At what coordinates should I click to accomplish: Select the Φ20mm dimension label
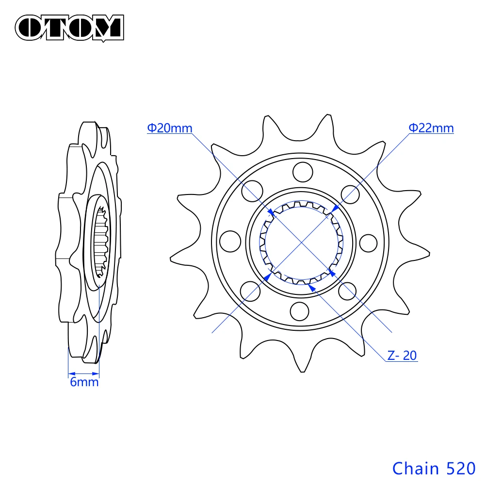(170, 129)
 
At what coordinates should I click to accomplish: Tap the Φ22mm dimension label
(431, 129)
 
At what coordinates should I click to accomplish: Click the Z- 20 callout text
(402, 356)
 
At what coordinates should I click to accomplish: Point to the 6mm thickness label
(84, 382)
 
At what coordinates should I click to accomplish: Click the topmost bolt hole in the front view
(302, 171)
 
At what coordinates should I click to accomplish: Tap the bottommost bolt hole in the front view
(301, 310)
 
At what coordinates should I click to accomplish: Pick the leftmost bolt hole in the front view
(230, 241)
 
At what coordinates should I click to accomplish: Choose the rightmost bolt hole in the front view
(369, 242)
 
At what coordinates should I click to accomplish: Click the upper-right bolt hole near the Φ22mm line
(351, 193)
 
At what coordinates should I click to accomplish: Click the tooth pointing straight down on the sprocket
(303, 369)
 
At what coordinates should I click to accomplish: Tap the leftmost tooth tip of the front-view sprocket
(172, 256)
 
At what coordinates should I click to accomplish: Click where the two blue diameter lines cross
(302, 241)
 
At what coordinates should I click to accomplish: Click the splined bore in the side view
(102, 243)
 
